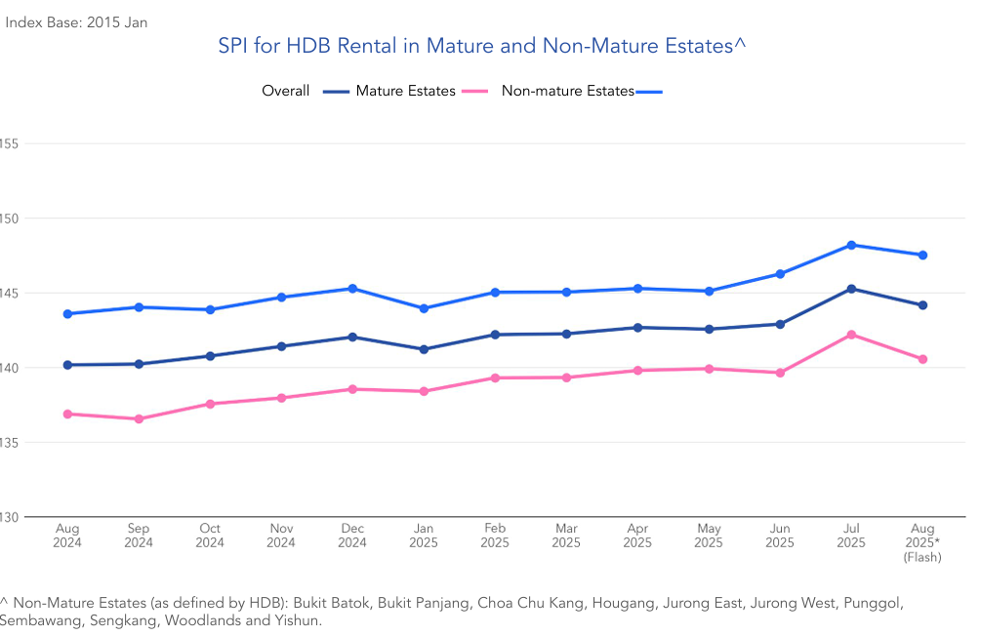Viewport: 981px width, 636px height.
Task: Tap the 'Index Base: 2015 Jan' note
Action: (77, 21)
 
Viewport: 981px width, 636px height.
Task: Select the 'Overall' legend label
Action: (285, 91)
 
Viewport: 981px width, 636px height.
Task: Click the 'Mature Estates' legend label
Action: (405, 91)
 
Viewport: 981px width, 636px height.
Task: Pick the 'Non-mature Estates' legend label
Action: (567, 91)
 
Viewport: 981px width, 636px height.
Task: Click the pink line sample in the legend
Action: (474, 92)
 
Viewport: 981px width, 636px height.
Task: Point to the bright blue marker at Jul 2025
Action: (851, 245)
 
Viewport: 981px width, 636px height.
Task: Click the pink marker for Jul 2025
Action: (851, 335)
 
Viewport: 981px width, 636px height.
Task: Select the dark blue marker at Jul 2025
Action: (851, 289)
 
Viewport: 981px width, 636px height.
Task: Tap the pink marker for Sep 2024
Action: (139, 419)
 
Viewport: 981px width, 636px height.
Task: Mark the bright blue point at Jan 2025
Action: (424, 308)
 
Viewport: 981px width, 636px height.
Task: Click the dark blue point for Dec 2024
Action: (352, 338)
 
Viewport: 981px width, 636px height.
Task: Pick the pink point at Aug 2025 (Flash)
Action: (922, 359)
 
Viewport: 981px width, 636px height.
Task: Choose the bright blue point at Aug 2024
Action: (67, 314)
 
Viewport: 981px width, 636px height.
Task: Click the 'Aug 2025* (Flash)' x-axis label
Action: (922, 542)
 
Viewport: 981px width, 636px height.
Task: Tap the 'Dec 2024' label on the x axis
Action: (352, 536)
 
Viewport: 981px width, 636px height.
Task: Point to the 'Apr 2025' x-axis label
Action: (637, 536)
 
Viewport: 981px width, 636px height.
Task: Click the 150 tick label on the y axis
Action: (10, 219)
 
